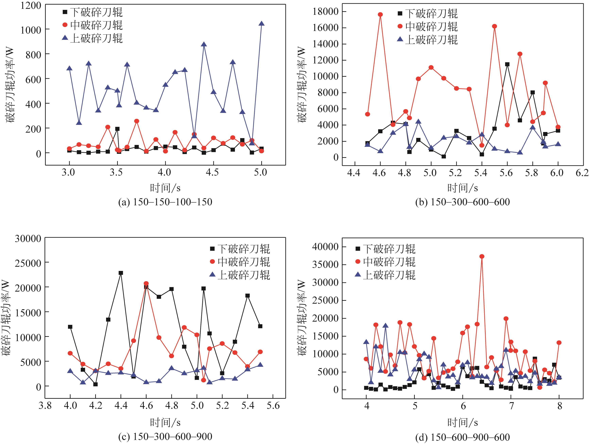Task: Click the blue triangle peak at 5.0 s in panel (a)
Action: [261, 24]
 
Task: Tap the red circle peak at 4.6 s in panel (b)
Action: [380, 14]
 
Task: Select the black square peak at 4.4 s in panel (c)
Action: [121, 273]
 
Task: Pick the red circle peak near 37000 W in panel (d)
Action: [482, 256]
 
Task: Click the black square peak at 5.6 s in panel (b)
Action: [507, 64]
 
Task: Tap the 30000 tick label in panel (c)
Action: [28, 239]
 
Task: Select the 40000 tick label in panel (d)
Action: [325, 247]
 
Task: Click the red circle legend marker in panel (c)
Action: [212, 261]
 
